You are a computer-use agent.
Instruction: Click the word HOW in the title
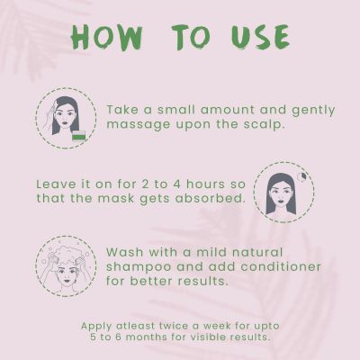107,37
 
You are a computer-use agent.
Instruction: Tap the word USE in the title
260,37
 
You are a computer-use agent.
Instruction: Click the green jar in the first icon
79,137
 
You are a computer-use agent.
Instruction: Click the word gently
313,111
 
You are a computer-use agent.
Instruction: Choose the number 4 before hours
175,184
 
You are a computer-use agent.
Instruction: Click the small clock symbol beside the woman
302,177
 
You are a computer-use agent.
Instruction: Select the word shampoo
139,267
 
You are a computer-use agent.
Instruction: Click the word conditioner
280,266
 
